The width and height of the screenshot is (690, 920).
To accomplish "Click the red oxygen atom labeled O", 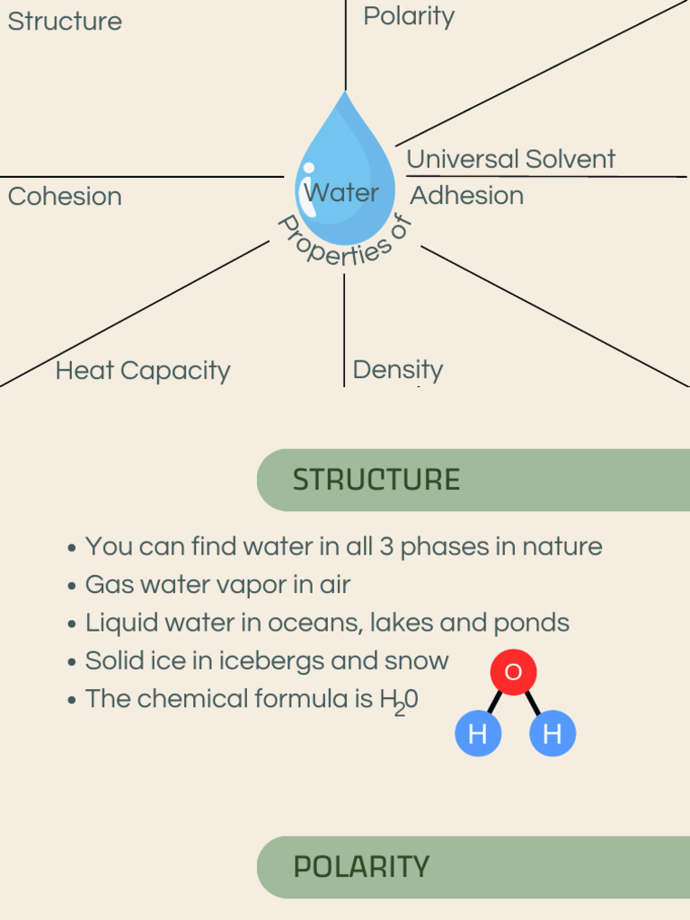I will coord(513,672).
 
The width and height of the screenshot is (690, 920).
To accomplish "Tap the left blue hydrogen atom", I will coord(478,733).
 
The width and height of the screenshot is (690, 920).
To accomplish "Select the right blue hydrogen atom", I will coord(552,733).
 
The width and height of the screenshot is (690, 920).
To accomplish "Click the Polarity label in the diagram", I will coord(409,16).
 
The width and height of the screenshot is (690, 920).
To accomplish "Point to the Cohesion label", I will coord(65,196).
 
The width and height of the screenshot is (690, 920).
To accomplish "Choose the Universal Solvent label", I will coord(510,159).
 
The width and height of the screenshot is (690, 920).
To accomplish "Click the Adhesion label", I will coord(467,195).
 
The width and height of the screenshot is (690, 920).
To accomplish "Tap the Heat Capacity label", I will coord(143,370).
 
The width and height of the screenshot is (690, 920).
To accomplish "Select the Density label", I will coord(397,369).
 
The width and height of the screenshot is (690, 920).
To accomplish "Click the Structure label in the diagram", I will coord(65,21).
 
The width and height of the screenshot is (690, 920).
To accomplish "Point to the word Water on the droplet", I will coord(341,192).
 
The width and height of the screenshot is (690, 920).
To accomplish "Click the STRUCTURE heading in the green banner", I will coord(376,480).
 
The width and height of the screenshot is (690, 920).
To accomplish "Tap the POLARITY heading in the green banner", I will coord(361,867).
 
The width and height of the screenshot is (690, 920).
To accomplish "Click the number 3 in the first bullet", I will coord(386,546).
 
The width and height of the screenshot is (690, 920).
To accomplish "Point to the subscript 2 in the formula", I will coord(399,709).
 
